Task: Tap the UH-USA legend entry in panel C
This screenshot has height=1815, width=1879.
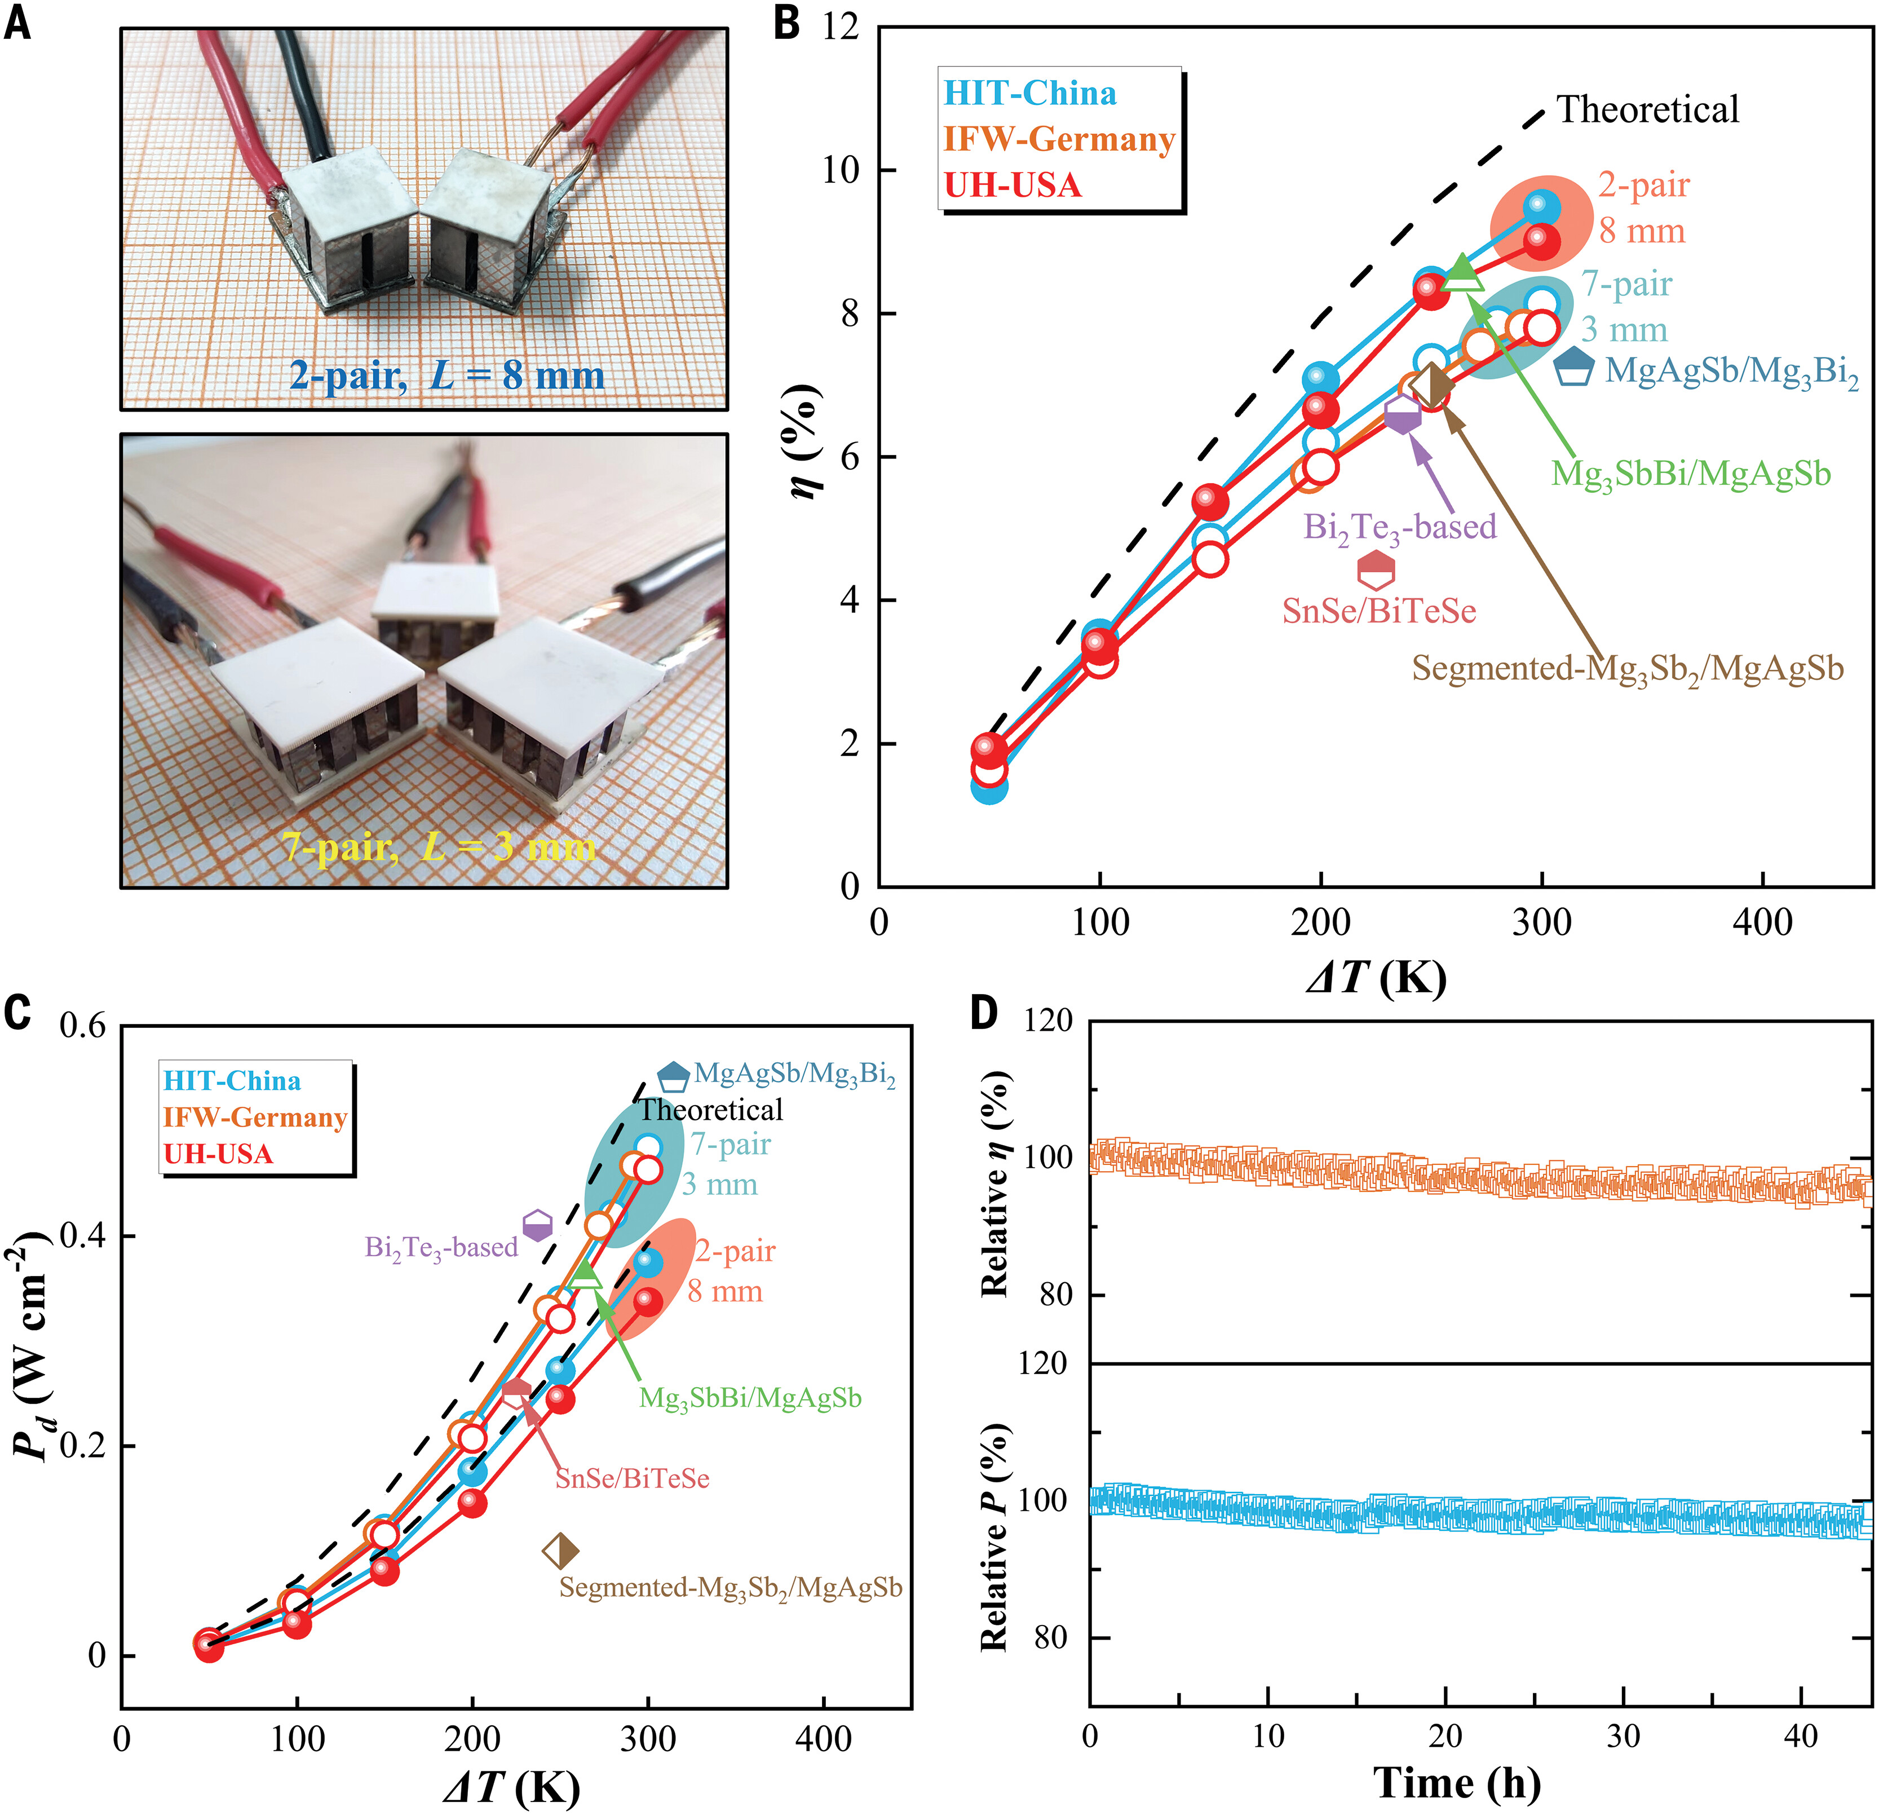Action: coord(219,1154)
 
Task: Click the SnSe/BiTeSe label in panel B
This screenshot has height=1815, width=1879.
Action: coord(1378,611)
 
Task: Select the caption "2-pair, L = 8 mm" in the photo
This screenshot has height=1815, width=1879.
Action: coord(446,374)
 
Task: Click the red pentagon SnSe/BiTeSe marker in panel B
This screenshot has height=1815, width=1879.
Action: coord(1377,569)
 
